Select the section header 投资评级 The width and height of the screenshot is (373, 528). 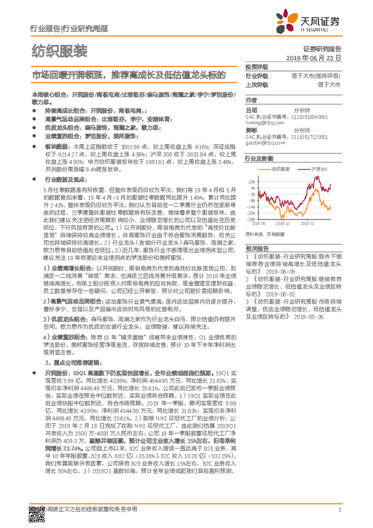(256, 66)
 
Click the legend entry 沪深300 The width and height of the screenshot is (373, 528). (303, 169)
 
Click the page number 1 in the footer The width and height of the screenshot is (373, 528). (339, 509)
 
